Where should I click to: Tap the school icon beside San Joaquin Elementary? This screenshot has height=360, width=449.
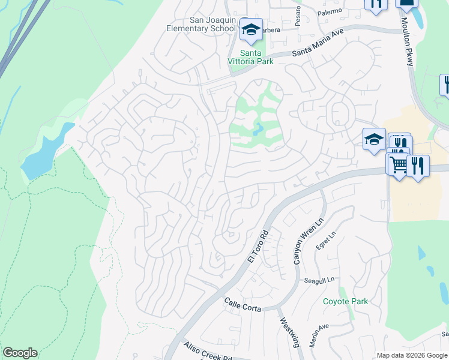click(250, 29)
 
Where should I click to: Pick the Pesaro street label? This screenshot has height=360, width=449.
click(298, 10)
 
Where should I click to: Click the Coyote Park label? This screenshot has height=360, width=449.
click(345, 301)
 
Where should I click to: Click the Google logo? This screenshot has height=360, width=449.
click(20, 353)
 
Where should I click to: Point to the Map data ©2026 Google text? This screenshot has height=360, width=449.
click(411, 355)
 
